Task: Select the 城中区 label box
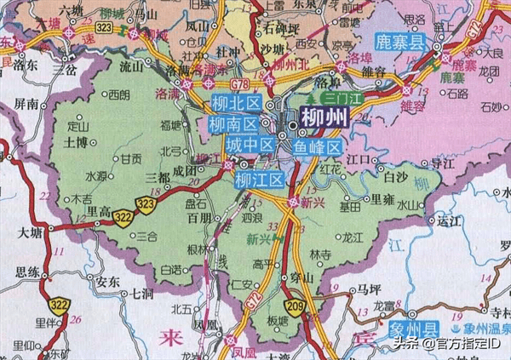250,146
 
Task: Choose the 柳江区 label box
259,180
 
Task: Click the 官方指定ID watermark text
468,342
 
